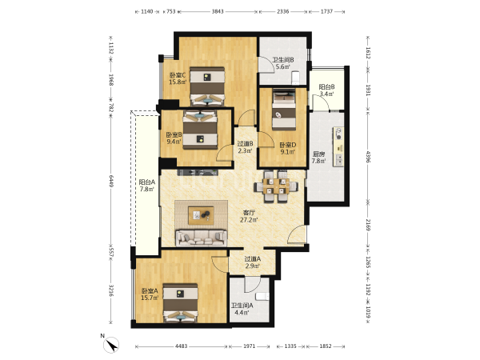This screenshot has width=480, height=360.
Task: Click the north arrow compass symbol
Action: coord(111,346)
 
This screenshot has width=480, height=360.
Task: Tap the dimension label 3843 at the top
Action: coord(218,12)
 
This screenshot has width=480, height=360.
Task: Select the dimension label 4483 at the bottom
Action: coord(182,346)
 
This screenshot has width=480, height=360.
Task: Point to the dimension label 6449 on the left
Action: coord(111,181)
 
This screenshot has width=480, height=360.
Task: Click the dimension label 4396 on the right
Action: coord(368,157)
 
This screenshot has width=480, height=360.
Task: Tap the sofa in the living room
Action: coord(201,238)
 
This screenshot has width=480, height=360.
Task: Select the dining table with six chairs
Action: coord(276,186)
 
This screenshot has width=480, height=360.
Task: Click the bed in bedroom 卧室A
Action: coord(180,302)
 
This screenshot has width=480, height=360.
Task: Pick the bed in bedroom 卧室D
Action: coord(284,110)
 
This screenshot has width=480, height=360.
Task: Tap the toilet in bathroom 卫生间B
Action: coord(296,78)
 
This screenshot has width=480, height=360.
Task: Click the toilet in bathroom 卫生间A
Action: coord(262,296)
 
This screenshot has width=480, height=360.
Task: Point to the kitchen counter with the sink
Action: coord(338,147)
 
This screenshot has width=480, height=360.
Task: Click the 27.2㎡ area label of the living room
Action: coord(249,220)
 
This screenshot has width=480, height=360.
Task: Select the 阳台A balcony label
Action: coord(147,182)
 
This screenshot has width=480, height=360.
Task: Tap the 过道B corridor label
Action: coord(246,143)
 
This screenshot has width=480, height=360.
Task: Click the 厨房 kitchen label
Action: coord(318,154)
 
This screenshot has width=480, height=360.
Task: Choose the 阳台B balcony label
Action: coord(326,87)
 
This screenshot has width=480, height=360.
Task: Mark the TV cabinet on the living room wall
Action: coord(198,172)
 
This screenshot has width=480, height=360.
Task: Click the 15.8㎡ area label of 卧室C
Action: coord(178,82)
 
